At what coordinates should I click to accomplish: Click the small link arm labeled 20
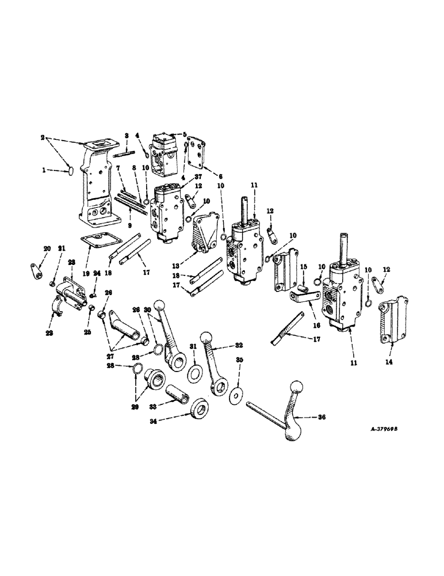(x=36, y=271)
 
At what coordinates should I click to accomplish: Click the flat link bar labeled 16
(x=303, y=298)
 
